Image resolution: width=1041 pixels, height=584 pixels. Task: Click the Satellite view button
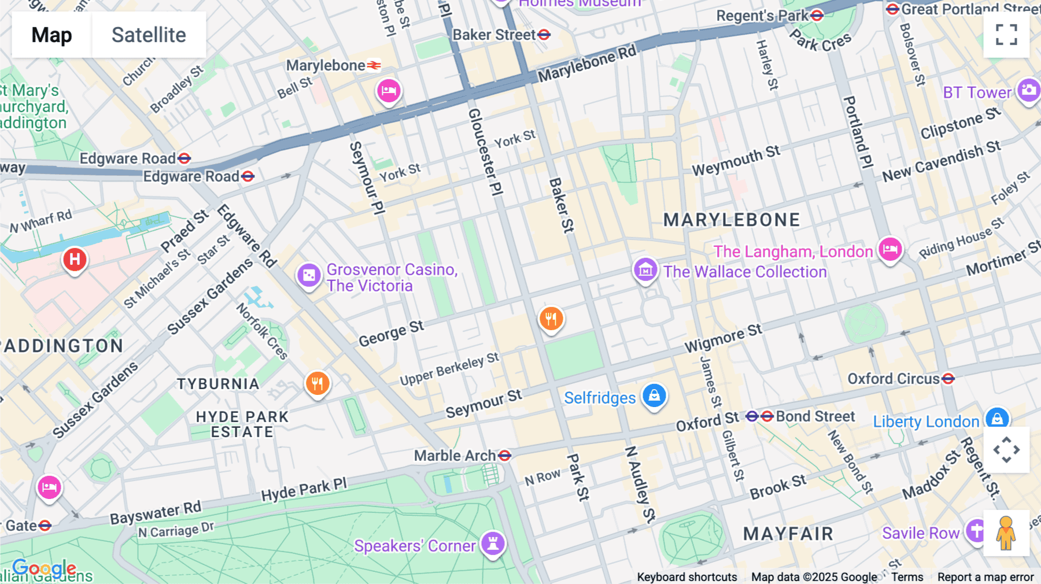pyautogui.click(x=149, y=35)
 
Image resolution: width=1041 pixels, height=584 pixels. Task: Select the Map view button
pyautogui.click(x=51, y=35)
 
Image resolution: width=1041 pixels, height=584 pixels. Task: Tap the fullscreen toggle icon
pyautogui.click(x=1006, y=35)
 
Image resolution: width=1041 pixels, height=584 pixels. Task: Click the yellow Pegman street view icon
pyautogui.click(x=1006, y=533)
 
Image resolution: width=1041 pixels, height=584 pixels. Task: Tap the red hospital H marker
pyautogui.click(x=75, y=260)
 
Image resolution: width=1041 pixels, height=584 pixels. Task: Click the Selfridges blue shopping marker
pyautogui.click(x=654, y=396)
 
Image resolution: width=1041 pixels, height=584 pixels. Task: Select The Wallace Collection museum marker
pyautogui.click(x=645, y=269)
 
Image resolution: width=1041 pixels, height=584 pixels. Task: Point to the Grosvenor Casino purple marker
pyautogui.click(x=309, y=275)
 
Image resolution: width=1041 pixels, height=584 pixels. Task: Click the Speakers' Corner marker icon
pyautogui.click(x=493, y=544)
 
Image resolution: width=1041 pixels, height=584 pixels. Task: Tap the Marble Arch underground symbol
pyautogui.click(x=504, y=456)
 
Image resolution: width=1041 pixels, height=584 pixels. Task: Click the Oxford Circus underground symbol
pyautogui.click(x=948, y=379)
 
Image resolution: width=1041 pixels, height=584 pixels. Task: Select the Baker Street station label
pyautogui.click(x=494, y=35)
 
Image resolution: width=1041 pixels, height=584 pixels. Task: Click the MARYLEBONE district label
pyautogui.click(x=732, y=220)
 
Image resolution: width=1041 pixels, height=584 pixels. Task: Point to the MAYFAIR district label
pyautogui.click(x=788, y=534)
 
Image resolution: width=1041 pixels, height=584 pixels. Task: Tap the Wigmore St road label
pyautogui.click(x=723, y=338)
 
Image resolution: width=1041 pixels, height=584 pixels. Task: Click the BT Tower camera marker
pyautogui.click(x=1028, y=90)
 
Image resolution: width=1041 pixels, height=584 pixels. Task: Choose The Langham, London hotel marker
pyautogui.click(x=890, y=249)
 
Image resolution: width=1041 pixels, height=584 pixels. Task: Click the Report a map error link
pyautogui.click(x=985, y=577)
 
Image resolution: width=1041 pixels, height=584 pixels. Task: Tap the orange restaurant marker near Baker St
pyautogui.click(x=551, y=318)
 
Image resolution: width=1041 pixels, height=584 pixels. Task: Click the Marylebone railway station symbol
pyautogui.click(x=374, y=65)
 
